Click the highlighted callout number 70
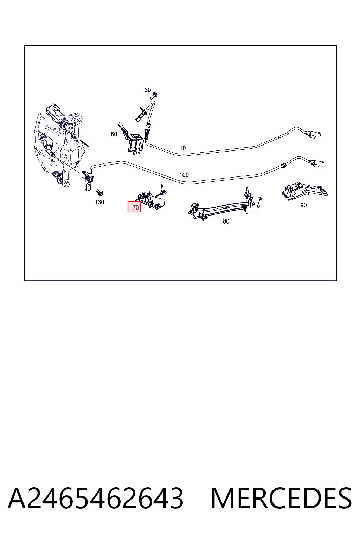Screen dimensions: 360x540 134,207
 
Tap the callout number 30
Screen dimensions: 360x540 148,90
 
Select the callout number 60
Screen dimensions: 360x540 114,134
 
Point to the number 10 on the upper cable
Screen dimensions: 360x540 182,148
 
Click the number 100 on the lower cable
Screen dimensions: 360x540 184,175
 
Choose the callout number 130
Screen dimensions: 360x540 99,202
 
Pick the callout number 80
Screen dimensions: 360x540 226,221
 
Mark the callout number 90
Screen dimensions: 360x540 303,205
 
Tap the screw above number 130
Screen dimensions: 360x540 99,192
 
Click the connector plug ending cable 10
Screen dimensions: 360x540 313,134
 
